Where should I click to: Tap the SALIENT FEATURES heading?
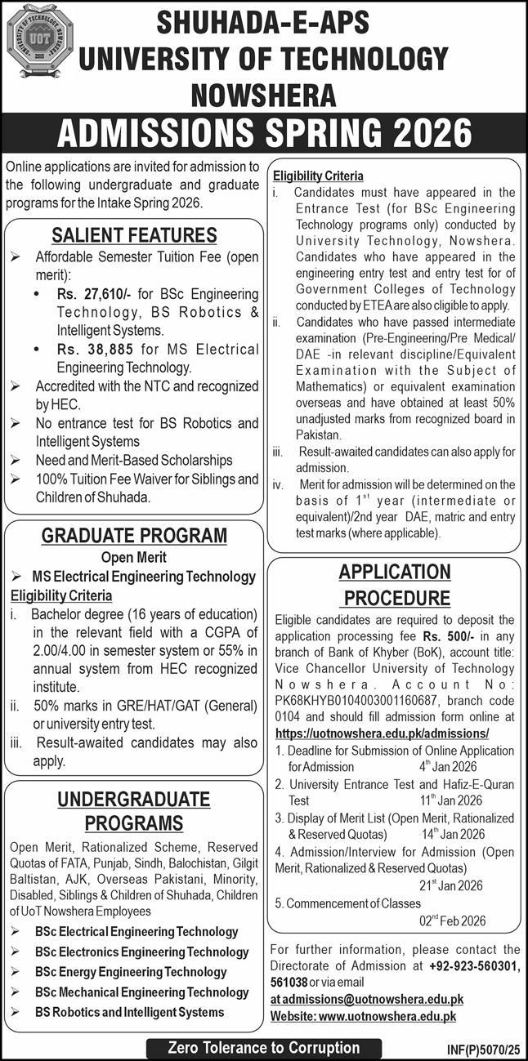pyautogui.click(x=135, y=236)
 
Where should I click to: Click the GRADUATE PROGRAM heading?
pyautogui.click(x=135, y=535)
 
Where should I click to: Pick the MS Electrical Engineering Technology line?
pyautogui.click(x=145, y=577)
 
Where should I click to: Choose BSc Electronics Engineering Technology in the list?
pyautogui.click(x=142, y=952)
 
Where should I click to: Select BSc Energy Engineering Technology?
pyautogui.click(x=131, y=972)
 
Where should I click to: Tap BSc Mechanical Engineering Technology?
pyautogui.click(x=142, y=992)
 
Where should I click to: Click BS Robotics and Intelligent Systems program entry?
pyautogui.click(x=129, y=1012)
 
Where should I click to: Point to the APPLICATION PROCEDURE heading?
pyautogui.click(x=395, y=585)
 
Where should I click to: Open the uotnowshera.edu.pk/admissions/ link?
pyautogui.click(x=383, y=733)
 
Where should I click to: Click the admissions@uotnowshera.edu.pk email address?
pyautogui.click(x=367, y=998)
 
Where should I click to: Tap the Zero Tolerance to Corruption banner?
pyautogui.click(x=264, y=1047)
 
